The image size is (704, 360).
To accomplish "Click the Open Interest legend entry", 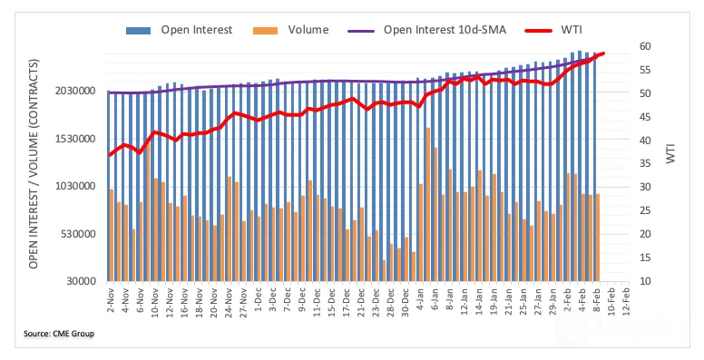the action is click(x=179, y=30).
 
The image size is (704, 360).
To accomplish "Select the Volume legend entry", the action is click(x=291, y=30).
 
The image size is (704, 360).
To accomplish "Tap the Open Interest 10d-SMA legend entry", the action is click(x=427, y=30).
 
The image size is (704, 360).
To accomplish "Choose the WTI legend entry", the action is click(x=553, y=30).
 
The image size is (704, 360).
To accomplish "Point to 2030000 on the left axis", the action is click(x=75, y=91).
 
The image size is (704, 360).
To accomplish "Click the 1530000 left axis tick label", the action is click(x=75, y=139).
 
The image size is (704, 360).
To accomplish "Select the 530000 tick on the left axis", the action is click(x=78, y=234).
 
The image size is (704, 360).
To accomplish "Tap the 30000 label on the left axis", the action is click(x=81, y=281).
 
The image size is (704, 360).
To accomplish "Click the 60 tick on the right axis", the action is click(x=645, y=46).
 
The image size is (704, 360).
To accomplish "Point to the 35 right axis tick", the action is click(x=645, y=164).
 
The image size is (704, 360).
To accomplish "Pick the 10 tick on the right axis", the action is click(x=645, y=281).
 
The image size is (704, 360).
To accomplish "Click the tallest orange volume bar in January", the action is click(x=428, y=205).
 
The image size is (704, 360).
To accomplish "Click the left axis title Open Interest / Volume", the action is click(x=34, y=164).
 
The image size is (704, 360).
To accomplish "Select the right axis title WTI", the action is click(x=670, y=154).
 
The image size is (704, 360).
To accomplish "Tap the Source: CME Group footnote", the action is click(x=59, y=334).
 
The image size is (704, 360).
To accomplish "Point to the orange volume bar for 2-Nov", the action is click(x=112, y=235).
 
